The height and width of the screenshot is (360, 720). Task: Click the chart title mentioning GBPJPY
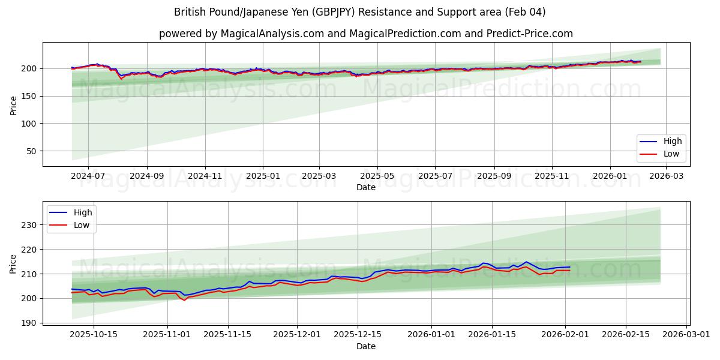click(360, 12)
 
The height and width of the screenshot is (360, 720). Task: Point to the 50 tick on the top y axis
click(31, 151)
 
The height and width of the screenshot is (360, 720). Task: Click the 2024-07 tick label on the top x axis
click(88, 176)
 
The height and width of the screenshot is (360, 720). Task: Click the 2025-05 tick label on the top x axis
click(377, 176)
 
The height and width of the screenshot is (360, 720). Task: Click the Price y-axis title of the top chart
click(13, 105)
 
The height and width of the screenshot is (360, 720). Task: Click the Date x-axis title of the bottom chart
click(366, 346)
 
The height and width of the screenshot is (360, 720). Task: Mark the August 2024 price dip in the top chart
click(121, 78)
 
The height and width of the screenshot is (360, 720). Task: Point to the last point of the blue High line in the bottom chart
click(569, 267)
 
